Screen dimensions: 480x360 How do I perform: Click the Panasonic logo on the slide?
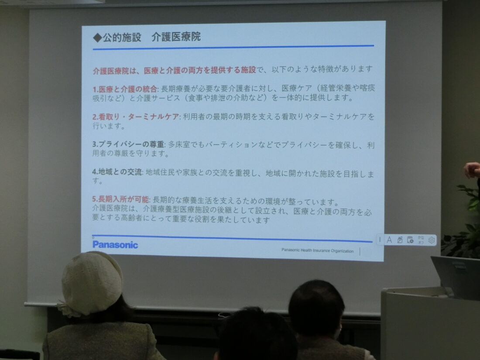pos(115,245)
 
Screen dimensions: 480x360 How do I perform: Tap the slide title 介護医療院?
pos(176,37)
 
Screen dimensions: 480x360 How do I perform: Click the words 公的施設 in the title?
pos(122,38)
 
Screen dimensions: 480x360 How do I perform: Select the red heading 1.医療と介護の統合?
pos(125,89)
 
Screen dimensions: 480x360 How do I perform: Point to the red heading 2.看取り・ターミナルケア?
pos(136,117)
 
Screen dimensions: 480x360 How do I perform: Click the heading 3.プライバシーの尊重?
pos(128,144)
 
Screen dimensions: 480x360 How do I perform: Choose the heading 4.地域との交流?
pos(117,172)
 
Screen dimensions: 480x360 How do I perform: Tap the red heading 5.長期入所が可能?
pos(120,199)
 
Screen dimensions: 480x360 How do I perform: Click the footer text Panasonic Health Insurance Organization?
pos(317,250)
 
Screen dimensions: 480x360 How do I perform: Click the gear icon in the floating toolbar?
pos(431,240)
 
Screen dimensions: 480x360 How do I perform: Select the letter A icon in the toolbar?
pos(389,240)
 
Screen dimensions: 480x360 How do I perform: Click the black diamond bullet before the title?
pos(97,38)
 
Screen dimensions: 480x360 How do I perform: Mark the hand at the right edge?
pos(472,170)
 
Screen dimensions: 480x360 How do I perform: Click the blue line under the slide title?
pos(233,48)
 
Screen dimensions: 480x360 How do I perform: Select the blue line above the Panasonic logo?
pos(232,238)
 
